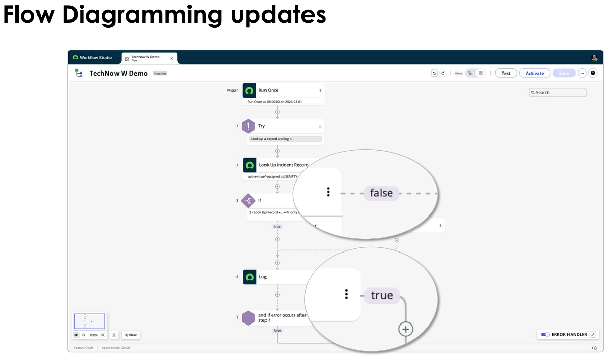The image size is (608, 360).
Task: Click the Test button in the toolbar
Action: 506,73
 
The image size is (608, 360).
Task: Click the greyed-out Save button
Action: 564,73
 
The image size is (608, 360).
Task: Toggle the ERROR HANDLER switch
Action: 545,335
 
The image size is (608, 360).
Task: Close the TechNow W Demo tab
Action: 171,58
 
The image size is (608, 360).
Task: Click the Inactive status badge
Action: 160,73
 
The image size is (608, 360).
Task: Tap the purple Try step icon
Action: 248,126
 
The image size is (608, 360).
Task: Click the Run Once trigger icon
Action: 249,90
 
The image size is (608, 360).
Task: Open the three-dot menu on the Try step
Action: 320,126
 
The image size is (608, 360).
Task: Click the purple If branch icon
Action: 248,201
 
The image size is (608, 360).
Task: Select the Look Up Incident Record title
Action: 284,165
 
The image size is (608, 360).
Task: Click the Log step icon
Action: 249,277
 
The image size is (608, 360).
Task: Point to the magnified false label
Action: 382,193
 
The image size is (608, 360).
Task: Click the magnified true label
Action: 382,295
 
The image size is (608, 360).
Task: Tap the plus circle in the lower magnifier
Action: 405,329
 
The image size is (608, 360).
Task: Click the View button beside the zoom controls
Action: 131,335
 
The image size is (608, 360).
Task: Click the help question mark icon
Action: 593,73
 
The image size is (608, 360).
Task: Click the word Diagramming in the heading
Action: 142,15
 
